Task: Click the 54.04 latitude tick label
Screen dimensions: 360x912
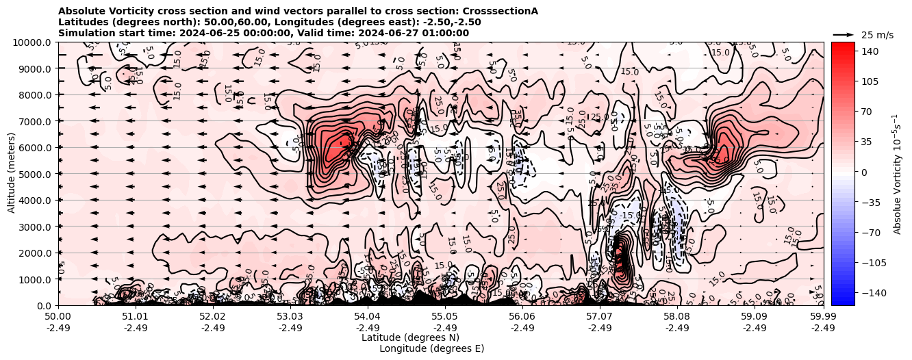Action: pyautogui.click(x=368, y=317)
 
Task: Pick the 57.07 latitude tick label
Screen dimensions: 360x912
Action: pyautogui.click(x=600, y=317)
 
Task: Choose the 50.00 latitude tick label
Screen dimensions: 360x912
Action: pyautogui.click(x=58, y=317)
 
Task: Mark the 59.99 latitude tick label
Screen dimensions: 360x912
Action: pyautogui.click(x=823, y=317)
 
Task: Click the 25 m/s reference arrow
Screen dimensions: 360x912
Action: pyautogui.click(x=844, y=34)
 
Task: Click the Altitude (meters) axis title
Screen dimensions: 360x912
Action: pyautogui.click(x=12, y=174)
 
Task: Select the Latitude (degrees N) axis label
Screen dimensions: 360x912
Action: pyautogui.click(x=410, y=337)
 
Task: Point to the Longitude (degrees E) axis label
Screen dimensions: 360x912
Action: pyautogui.click(x=431, y=348)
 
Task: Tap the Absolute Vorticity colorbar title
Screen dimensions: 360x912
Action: pyautogui.click(x=897, y=174)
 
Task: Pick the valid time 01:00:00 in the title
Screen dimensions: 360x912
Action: pyautogui.click(x=445, y=33)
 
